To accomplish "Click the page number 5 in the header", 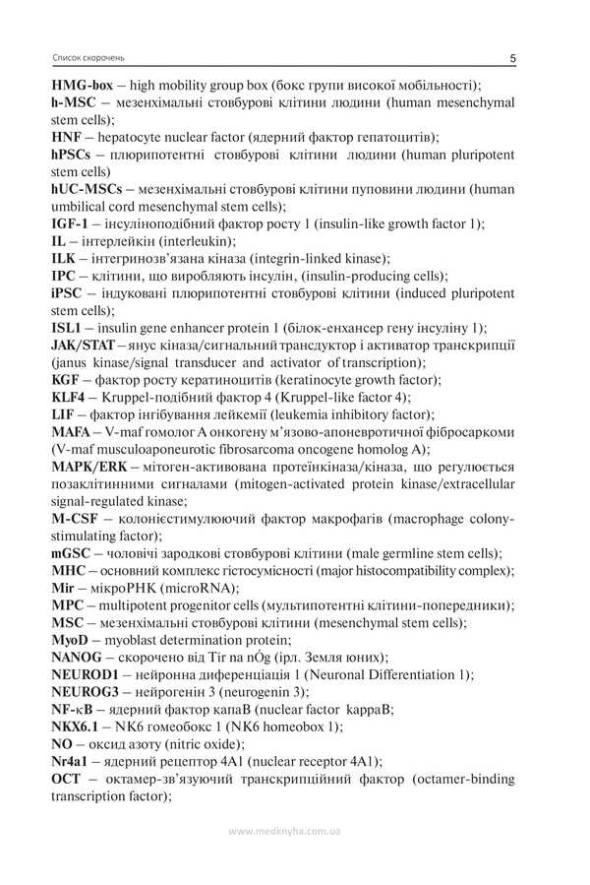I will pos(514,59).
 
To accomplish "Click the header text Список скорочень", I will pos(88,59).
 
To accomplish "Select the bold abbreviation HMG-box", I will pos(88,86).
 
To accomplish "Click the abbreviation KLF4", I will pos(72,397).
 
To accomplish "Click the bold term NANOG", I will pos(78,657).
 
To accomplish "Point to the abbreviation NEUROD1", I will pos(86,674).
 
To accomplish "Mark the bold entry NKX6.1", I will pos(78,727).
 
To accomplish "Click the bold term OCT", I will pos(68,779).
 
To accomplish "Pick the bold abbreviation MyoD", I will pos(73,640).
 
